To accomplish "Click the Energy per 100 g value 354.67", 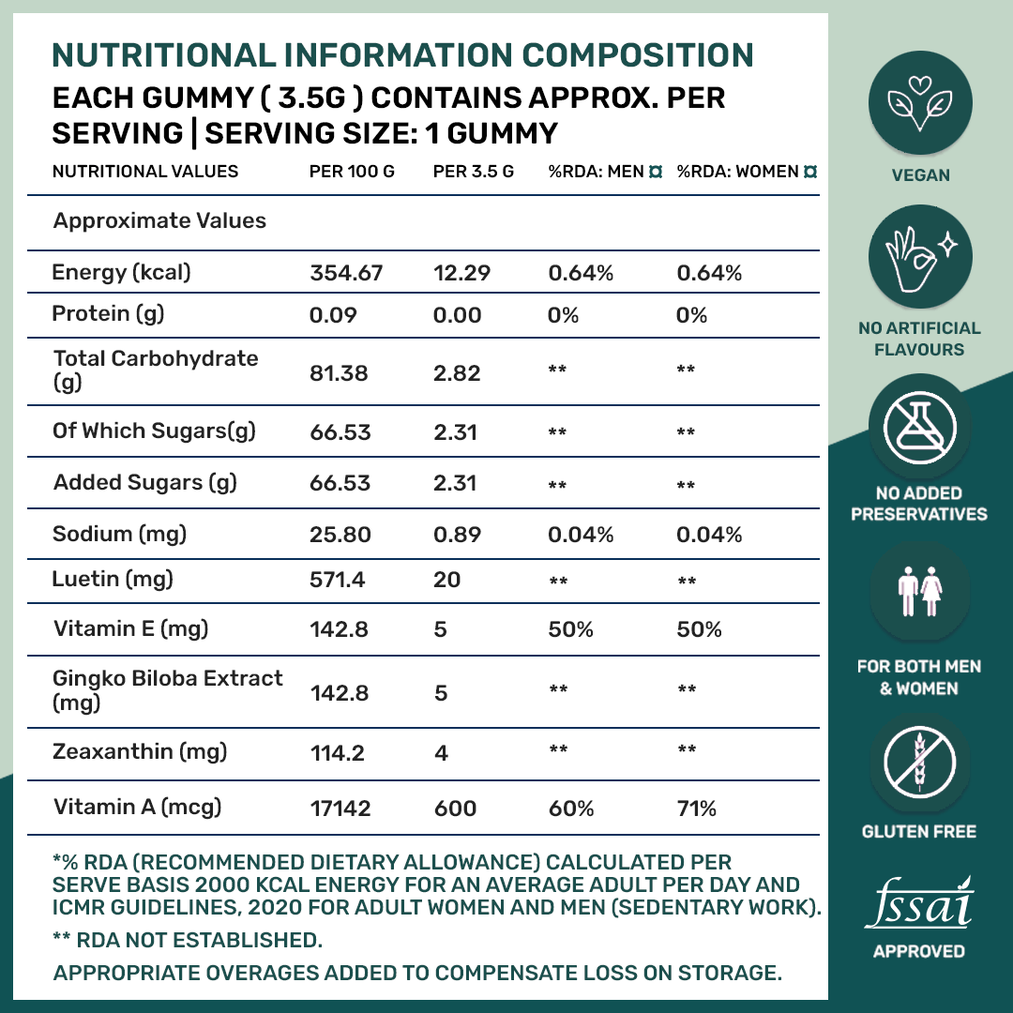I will click(x=345, y=274).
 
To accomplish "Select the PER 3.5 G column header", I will click(x=473, y=172).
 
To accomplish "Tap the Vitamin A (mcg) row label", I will click(x=137, y=807).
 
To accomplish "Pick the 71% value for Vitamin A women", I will click(x=696, y=809).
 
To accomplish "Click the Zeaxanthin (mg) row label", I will click(x=139, y=751).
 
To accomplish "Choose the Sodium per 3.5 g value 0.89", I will click(x=457, y=535).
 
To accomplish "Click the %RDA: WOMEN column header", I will click(x=737, y=172).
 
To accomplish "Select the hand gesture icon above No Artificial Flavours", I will click(x=919, y=252).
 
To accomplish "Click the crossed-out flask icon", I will click(x=919, y=427).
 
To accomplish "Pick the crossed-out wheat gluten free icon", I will click(x=919, y=760).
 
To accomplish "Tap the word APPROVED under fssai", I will click(x=918, y=951).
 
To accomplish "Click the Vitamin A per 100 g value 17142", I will click(x=340, y=809).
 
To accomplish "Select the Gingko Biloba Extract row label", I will click(x=167, y=690).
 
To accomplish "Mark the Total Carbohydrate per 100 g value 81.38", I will click(x=339, y=373).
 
